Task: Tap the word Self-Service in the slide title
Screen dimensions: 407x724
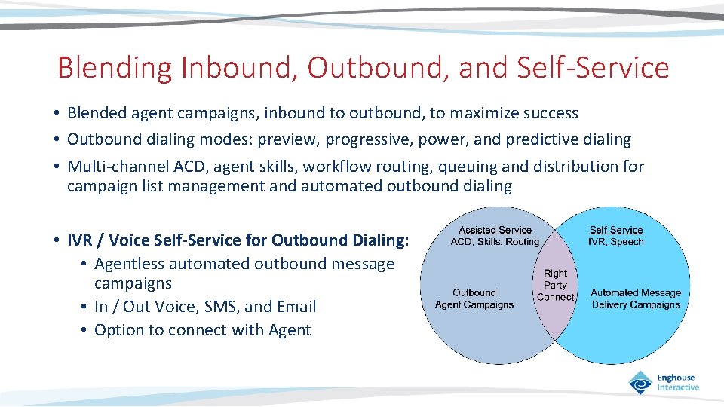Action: coord(593,68)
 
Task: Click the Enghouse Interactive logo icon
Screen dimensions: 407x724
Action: coord(641,383)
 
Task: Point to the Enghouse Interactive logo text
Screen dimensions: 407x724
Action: coord(677,383)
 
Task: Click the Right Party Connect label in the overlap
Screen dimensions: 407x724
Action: coord(555,286)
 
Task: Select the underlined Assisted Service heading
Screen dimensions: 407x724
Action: coord(495,230)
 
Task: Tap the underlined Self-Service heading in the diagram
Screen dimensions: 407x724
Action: coord(616,230)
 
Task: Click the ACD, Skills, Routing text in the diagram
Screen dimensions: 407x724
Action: coord(495,242)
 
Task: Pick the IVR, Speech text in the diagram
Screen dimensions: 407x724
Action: coord(616,242)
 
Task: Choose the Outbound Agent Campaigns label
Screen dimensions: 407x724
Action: coord(474,298)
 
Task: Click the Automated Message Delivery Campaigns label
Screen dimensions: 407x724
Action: coord(636,298)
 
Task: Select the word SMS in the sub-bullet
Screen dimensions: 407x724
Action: coord(222,307)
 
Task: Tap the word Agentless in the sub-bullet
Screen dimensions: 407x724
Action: coord(129,264)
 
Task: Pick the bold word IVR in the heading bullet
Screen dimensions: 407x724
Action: coord(81,240)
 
